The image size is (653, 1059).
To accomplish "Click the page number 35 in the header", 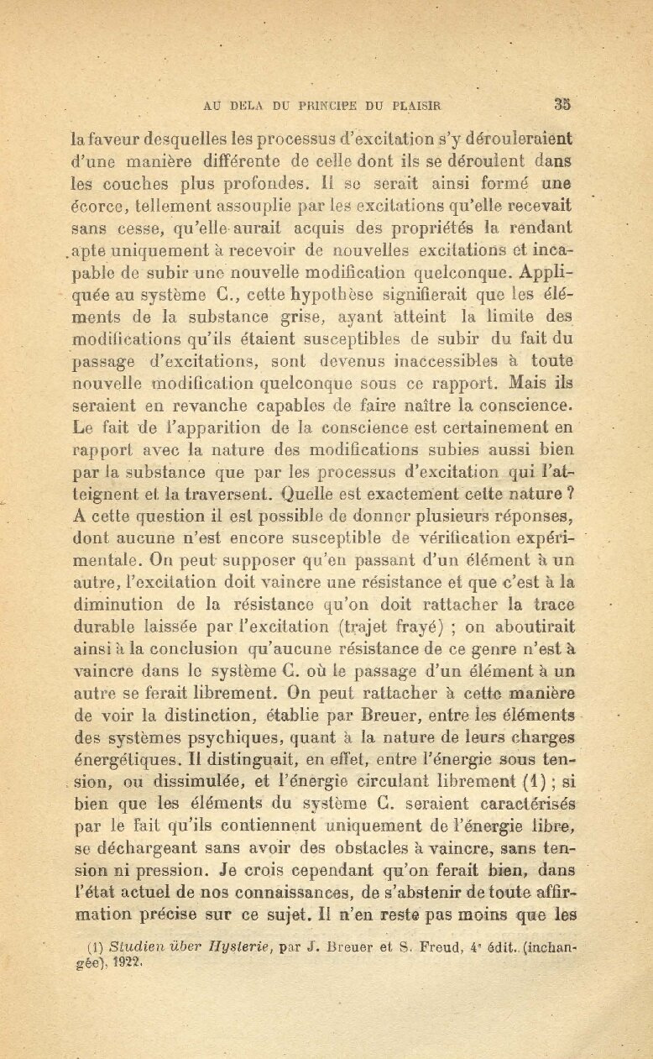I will click(x=562, y=105).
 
